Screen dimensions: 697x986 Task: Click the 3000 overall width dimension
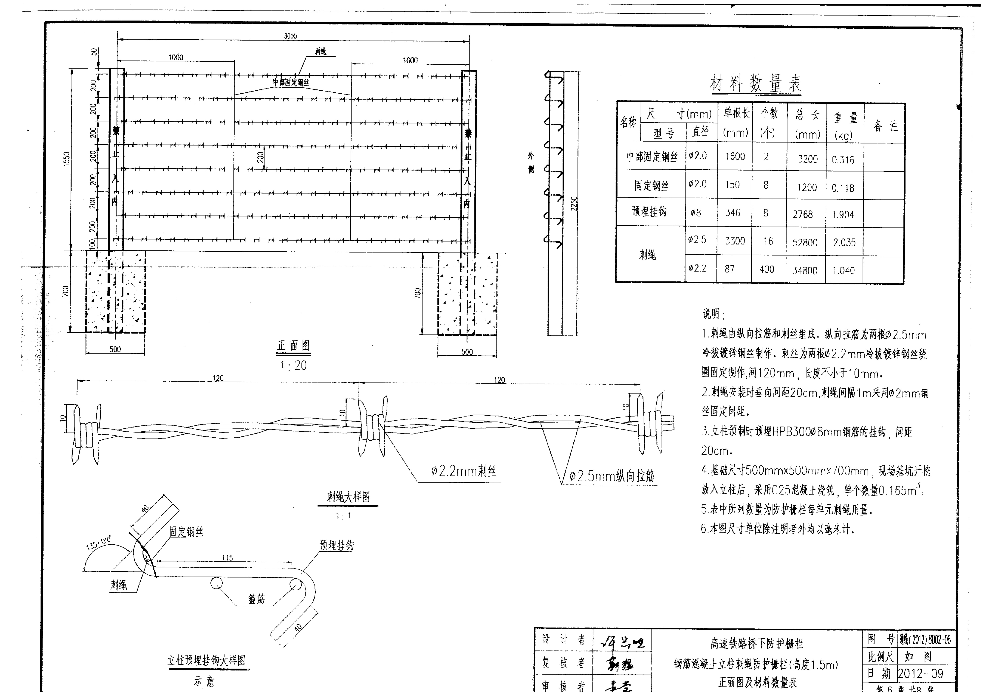click(x=290, y=36)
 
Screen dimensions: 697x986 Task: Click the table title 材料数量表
click(x=756, y=83)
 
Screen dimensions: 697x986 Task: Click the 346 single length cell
click(x=733, y=213)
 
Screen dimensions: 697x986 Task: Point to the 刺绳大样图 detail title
click(x=348, y=497)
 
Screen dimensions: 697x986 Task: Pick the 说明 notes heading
click(x=713, y=314)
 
